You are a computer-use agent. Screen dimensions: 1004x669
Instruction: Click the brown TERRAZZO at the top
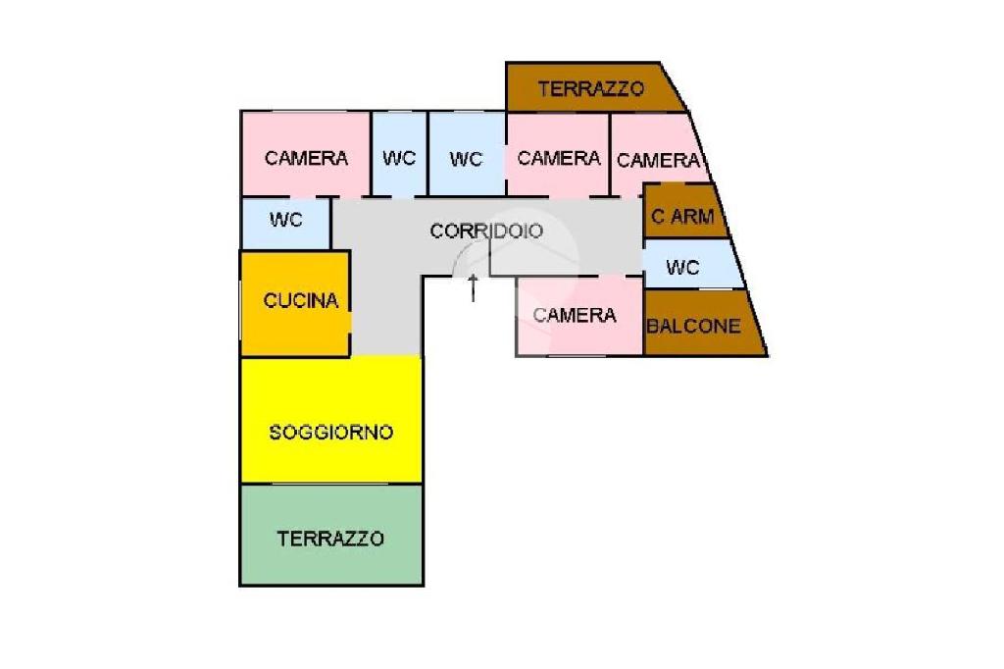click(x=591, y=88)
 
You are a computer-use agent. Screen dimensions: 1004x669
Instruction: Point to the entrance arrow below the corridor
click(x=474, y=288)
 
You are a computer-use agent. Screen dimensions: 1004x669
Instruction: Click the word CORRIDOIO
click(x=486, y=232)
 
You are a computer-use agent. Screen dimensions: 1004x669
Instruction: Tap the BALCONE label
click(x=694, y=326)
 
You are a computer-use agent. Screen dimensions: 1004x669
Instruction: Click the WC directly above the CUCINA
click(x=286, y=221)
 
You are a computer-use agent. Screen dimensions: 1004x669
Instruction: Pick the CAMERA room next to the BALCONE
click(x=576, y=315)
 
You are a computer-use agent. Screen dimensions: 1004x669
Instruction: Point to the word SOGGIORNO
click(x=331, y=432)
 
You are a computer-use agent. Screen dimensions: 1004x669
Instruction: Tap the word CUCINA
click(x=301, y=301)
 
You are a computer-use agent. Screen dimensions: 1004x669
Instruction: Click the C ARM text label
click(x=683, y=217)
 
